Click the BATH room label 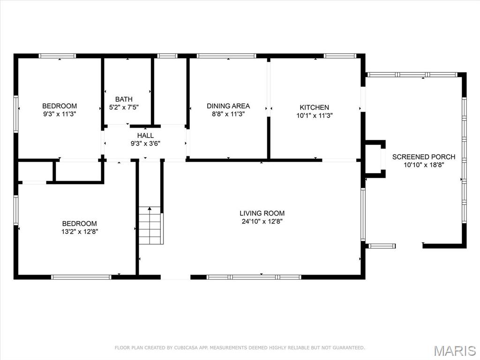coord(124,99)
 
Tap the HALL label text coord(145,136)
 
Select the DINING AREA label coord(228,106)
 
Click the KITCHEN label coord(315,107)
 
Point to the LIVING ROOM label coord(262,213)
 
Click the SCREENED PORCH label coord(424,157)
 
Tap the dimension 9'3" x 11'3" coord(60,114)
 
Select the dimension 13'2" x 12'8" coord(80,231)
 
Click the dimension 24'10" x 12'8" coord(262,222)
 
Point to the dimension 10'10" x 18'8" coord(424,165)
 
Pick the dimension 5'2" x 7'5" coord(124,107)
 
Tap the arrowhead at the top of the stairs coord(150,208)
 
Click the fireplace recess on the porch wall coord(375,159)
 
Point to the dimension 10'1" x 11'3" coord(315,115)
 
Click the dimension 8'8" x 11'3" coord(228,114)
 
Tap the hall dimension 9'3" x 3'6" coord(145,144)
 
